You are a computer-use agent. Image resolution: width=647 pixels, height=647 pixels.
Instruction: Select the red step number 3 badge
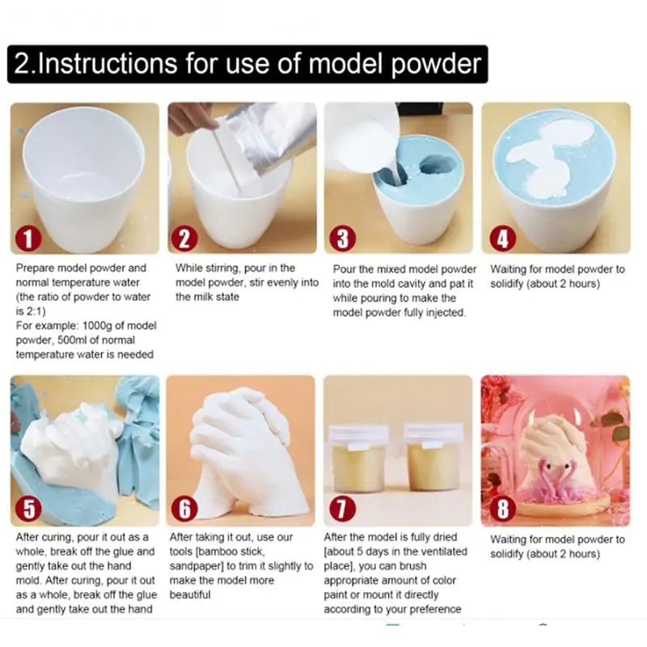click(343, 239)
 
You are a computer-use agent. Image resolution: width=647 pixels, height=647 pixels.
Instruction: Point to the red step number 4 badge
click(501, 239)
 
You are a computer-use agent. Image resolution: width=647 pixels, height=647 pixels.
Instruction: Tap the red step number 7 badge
click(343, 510)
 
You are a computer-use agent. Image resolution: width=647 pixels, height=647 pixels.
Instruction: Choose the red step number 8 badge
click(501, 510)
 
